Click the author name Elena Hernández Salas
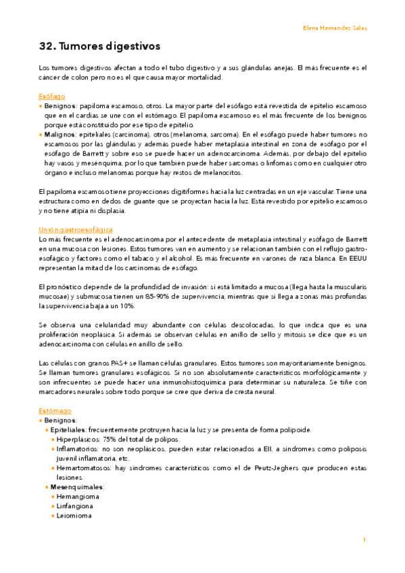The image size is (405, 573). point(335,28)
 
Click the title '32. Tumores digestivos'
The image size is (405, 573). point(99,47)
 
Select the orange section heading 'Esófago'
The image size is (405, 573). point(52,97)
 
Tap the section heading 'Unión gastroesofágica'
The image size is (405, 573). point(76,230)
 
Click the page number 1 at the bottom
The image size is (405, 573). point(364,540)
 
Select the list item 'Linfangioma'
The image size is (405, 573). point(75,505)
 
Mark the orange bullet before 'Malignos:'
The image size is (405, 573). point(41,134)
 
